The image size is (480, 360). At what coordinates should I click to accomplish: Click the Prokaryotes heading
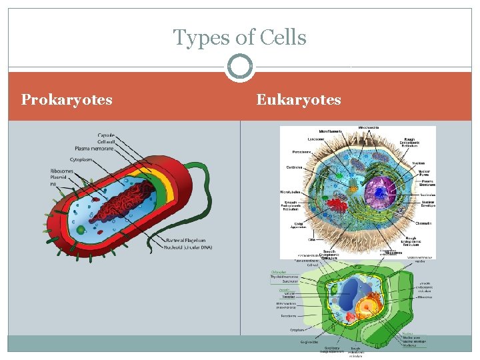67,100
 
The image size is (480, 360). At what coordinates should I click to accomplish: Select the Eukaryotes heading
299,100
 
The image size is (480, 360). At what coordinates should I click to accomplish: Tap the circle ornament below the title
240,67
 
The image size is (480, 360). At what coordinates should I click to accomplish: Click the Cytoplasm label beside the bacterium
85,160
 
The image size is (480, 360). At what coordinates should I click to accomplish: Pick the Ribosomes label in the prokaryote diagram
61,171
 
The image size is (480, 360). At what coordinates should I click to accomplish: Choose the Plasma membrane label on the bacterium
92,148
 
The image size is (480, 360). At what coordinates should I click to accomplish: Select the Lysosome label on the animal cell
317,139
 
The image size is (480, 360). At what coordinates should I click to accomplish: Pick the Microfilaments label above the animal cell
331,131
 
